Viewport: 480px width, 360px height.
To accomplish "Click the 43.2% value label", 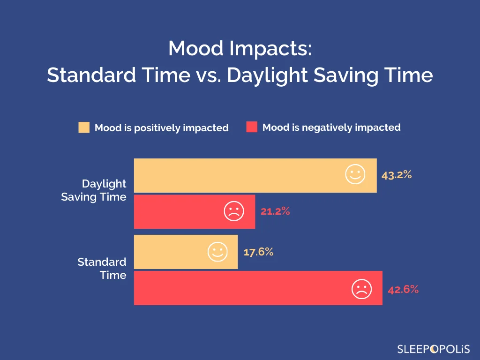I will pyautogui.click(x=396, y=175).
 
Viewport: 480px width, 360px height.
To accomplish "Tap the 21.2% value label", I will pyautogui.click(x=275, y=211).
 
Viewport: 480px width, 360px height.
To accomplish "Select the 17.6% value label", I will pyautogui.click(x=258, y=252).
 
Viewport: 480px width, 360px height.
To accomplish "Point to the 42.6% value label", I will pyautogui.click(x=403, y=289).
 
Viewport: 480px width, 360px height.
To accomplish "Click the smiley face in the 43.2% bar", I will pyautogui.click(x=355, y=174).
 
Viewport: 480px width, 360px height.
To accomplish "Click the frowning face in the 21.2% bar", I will pyautogui.click(x=233, y=211).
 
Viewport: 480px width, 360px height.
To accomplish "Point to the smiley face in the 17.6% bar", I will pyautogui.click(x=217, y=252).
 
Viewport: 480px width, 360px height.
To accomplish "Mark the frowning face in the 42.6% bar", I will pyautogui.click(x=361, y=289).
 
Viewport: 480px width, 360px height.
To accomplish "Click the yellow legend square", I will pyautogui.click(x=84, y=127).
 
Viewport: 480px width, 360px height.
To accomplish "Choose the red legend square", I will pyautogui.click(x=252, y=127).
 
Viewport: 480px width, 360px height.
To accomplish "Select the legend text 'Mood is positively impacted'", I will pyautogui.click(x=161, y=128).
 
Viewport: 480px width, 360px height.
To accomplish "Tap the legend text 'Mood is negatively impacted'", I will pyautogui.click(x=331, y=127).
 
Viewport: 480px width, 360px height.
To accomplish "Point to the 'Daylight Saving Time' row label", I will pyautogui.click(x=94, y=190).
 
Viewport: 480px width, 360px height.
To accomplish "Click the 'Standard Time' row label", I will pyautogui.click(x=102, y=268).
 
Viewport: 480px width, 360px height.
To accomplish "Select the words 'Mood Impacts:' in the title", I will pyautogui.click(x=240, y=48).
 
